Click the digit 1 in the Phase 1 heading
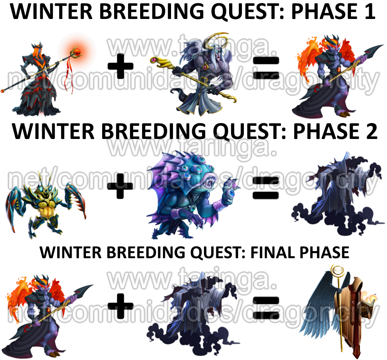[370, 12]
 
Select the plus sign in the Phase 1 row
[120, 66]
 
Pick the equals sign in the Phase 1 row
[266, 67]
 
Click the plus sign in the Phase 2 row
[120, 186]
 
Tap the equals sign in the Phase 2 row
[266, 189]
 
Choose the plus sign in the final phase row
[120, 306]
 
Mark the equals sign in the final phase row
[266, 307]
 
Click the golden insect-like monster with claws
[46, 205]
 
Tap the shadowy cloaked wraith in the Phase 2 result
[337, 195]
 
